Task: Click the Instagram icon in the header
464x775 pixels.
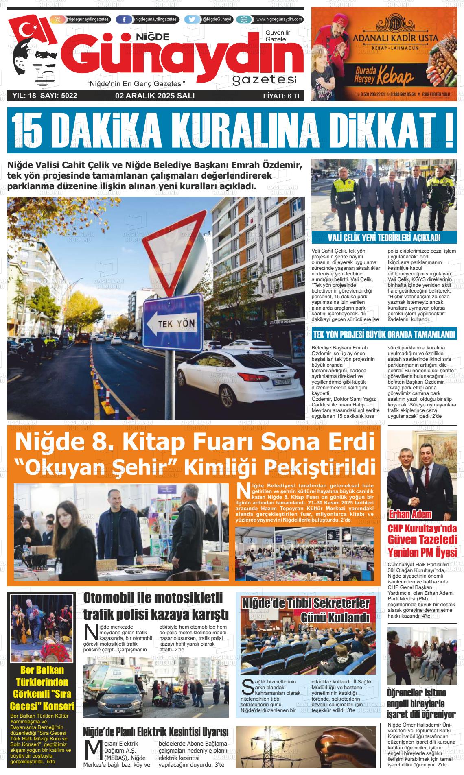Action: pyautogui.click(x=57, y=20)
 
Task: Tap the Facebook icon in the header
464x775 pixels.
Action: pyautogui.click(x=124, y=20)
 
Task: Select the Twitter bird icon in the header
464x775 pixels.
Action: pyautogui.click(x=192, y=20)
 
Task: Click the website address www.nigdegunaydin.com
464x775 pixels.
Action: pyautogui.click(x=279, y=20)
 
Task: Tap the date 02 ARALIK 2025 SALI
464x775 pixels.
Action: pyautogui.click(x=155, y=96)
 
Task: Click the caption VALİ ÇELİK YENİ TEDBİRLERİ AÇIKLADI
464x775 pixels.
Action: pyautogui.click(x=384, y=238)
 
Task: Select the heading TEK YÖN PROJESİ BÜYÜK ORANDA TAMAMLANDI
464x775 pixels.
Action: pyautogui.click(x=384, y=335)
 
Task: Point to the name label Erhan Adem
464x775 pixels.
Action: pyautogui.click(x=410, y=514)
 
